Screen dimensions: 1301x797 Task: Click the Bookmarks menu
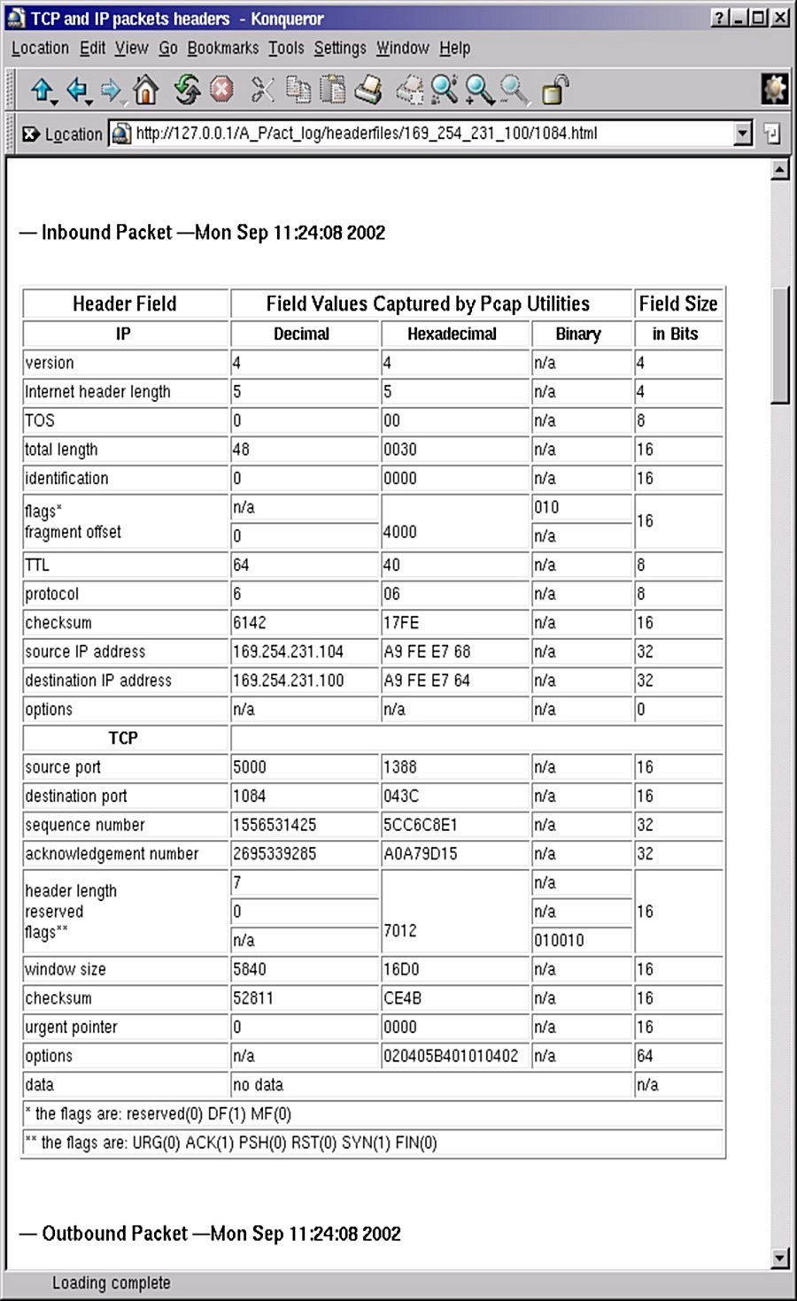click(222, 48)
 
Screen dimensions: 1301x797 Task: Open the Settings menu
click(339, 48)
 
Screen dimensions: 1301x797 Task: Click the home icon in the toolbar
click(145, 89)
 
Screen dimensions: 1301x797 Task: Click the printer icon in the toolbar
click(368, 89)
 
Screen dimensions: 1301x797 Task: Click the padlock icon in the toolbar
click(554, 89)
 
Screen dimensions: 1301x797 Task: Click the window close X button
click(780, 18)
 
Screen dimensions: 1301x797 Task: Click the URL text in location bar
click(367, 134)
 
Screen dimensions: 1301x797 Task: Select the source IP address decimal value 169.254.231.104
click(288, 652)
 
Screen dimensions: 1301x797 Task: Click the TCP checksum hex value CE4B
click(402, 998)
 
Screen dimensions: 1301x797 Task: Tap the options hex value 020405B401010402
click(451, 1056)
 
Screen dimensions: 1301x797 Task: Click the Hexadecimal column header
click(452, 335)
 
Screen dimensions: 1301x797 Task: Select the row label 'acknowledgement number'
click(112, 854)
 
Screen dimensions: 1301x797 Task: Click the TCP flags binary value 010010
click(559, 941)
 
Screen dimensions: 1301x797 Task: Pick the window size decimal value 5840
click(249, 969)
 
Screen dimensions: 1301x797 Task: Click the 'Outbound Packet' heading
click(210, 1234)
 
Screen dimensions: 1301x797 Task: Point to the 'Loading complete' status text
click(112, 1282)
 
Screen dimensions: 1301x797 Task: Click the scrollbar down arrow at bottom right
click(780, 1258)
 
